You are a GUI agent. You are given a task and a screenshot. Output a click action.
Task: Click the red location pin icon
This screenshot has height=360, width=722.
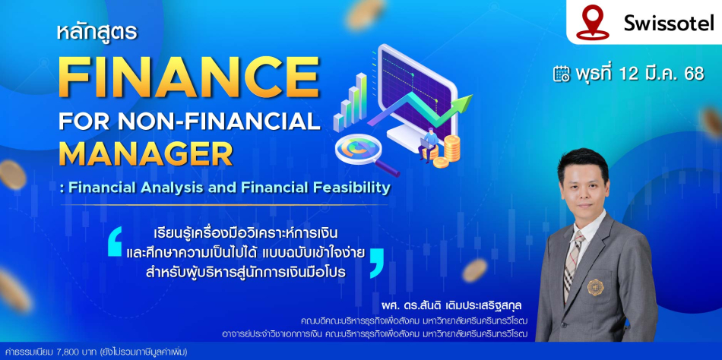(593, 21)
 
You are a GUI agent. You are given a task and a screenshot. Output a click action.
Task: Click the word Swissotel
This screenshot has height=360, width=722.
(669, 23)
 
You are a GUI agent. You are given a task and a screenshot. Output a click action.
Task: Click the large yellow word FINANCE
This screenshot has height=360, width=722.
(188, 77)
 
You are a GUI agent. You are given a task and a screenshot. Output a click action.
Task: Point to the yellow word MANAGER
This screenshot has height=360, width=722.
(145, 154)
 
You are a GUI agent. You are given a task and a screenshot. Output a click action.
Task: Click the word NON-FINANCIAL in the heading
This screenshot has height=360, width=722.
(219, 121)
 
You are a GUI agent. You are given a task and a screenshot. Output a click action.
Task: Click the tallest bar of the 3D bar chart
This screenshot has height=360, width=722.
(362, 96)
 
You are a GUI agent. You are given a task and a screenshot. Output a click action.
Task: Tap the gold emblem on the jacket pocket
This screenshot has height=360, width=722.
(595, 287)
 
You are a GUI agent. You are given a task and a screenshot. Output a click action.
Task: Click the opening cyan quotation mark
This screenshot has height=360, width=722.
(115, 242)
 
